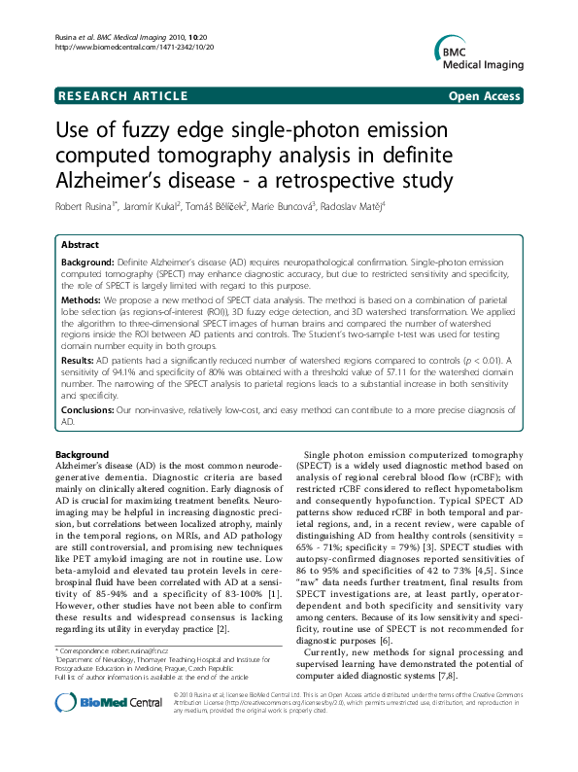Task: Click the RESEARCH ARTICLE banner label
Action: pyautogui.click(x=123, y=96)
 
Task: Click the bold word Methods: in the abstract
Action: pyautogui.click(x=85, y=301)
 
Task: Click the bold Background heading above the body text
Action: pyautogui.click(x=82, y=455)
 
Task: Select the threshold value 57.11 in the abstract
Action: pyautogui.click(x=416, y=373)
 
